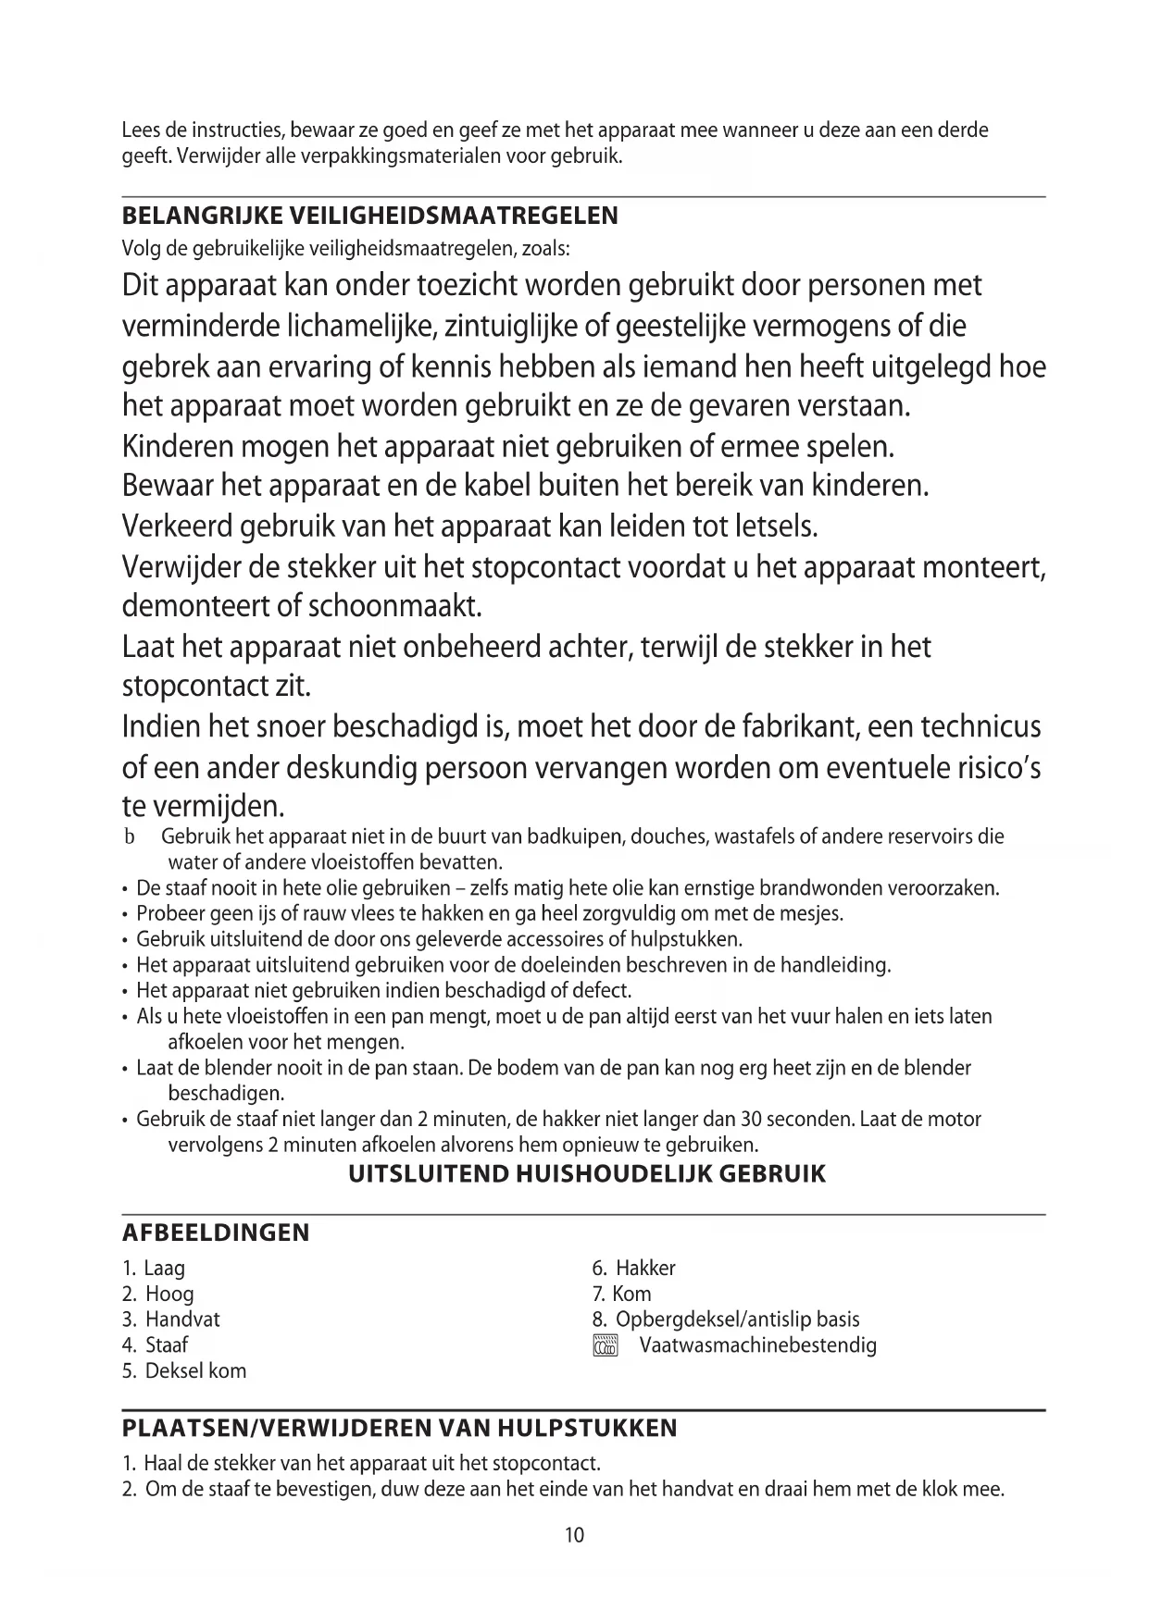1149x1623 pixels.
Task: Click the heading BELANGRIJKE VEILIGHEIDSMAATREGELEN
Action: point(369,217)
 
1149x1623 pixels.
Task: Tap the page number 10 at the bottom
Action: point(574,1535)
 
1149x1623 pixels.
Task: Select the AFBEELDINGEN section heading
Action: point(216,1233)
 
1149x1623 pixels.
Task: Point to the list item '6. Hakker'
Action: point(633,1268)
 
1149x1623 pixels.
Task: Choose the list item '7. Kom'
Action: point(621,1294)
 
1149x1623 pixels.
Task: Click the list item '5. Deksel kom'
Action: point(184,1370)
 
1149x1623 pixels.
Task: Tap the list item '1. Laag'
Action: point(154,1268)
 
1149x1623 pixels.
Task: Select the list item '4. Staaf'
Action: point(156,1344)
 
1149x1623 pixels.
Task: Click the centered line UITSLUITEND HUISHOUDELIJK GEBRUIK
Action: point(586,1175)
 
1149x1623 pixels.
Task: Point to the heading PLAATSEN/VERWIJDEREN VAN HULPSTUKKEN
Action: point(399,1428)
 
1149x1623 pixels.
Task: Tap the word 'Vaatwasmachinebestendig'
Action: point(757,1345)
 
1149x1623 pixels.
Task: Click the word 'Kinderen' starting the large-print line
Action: point(178,447)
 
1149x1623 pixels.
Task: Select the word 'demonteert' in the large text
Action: point(196,607)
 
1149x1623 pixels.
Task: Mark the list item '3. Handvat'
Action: point(170,1319)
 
